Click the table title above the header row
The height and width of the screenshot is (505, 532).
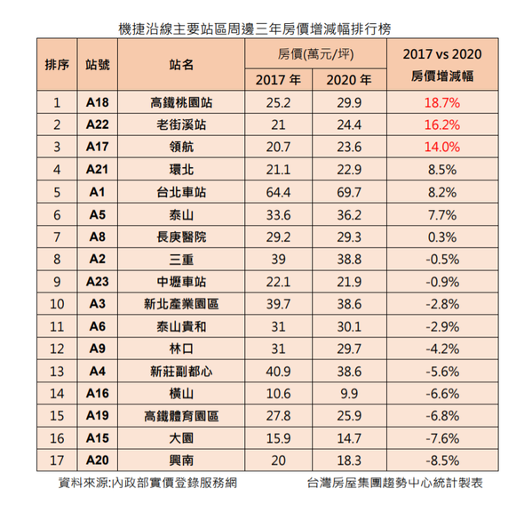tap(255, 29)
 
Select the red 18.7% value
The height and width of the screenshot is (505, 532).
tap(442, 102)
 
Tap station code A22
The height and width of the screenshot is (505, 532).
tap(98, 124)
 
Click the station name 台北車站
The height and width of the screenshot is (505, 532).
tap(181, 192)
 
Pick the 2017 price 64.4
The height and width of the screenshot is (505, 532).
tap(278, 192)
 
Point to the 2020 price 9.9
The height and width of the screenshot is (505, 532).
tap(349, 394)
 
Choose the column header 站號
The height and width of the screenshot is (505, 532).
tap(98, 64)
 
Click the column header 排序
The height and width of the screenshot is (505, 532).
tap(57, 64)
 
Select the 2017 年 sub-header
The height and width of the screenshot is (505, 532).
tap(278, 80)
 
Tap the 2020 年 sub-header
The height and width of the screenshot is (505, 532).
tap(349, 80)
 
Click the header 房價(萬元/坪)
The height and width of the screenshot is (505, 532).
tap(315, 54)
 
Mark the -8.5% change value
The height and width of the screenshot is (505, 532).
tap(442, 461)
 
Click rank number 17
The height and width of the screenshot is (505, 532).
tap(57, 461)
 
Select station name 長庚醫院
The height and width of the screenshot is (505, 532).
tap(181, 237)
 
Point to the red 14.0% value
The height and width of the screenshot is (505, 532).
tap(442, 147)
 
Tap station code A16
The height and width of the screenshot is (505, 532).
tap(98, 394)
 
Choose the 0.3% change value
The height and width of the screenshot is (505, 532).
tap(442, 237)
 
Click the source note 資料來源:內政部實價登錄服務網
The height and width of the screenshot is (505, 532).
tap(147, 483)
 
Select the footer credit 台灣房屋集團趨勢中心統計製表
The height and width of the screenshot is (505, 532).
tap(394, 483)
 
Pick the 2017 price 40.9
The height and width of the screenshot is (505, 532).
tap(278, 372)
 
